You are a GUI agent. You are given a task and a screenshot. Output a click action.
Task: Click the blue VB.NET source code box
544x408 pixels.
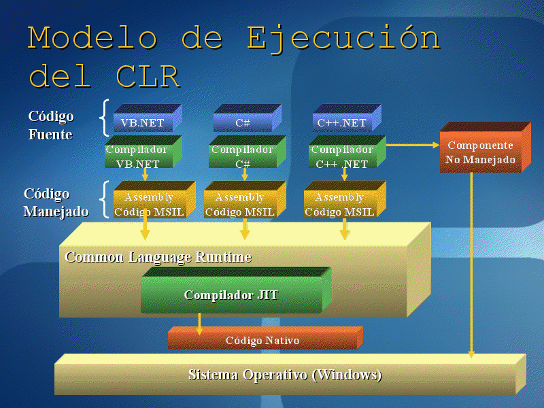143,123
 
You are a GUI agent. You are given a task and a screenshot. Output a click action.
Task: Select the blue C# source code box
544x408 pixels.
243,123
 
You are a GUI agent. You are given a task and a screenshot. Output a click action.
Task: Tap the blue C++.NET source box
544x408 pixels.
342,123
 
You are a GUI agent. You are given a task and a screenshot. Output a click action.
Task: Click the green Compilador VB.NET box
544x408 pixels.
138,156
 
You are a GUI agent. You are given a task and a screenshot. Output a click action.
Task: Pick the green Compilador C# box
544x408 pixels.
242,156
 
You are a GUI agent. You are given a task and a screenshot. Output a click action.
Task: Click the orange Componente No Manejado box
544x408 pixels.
480,153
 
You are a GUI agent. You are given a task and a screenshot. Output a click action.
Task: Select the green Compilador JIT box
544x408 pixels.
231,295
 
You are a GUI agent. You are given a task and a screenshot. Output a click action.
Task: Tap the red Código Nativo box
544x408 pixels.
262,340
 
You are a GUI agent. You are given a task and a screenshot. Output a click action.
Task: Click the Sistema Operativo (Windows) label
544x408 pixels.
285,375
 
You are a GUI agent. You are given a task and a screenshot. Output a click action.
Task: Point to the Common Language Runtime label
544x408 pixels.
158,257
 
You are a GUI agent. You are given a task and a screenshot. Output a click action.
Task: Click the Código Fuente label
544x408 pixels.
50,125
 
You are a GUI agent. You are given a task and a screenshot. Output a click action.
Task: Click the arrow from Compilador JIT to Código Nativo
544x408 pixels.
199,324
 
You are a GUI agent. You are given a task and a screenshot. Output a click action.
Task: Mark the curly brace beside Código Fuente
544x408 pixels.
104,118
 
